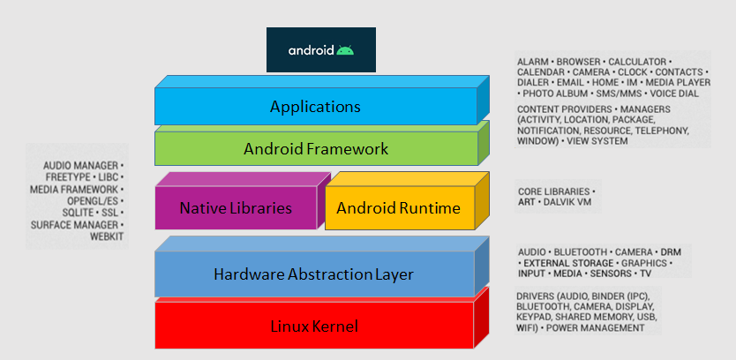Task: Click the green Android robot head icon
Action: (x=345, y=50)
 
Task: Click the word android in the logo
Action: (x=310, y=50)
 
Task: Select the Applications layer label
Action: (x=315, y=107)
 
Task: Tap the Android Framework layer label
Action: (x=315, y=149)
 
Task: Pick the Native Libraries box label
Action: (x=235, y=208)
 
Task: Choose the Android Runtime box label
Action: (x=398, y=208)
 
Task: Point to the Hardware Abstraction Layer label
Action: (x=313, y=275)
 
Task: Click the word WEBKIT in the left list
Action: (x=106, y=237)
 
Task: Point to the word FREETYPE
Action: (x=69, y=177)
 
